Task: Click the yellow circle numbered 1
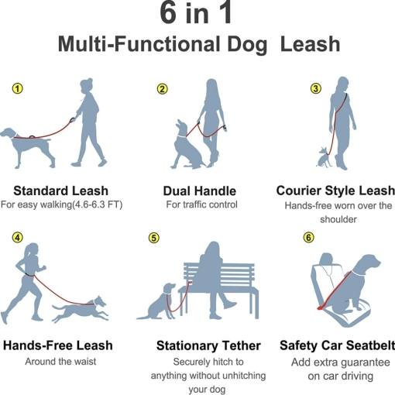coord(17,88)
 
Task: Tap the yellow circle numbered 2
coord(162,89)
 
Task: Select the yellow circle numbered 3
coord(315,88)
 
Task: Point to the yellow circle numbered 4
coord(17,238)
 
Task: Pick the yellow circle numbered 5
coord(154,238)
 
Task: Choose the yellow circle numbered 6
coord(308,238)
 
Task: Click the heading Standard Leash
coord(60,191)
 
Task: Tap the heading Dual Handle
coord(200,191)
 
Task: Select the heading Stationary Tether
coord(208,345)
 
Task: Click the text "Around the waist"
coord(60,362)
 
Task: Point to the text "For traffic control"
coord(201,204)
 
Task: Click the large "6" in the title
coord(168,13)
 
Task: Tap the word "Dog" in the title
coord(247,45)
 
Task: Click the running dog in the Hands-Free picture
coord(80,309)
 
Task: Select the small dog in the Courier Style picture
coord(325,157)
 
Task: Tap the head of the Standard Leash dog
coord(9,132)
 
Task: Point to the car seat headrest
coord(326,259)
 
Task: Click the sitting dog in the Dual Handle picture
coord(187,146)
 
